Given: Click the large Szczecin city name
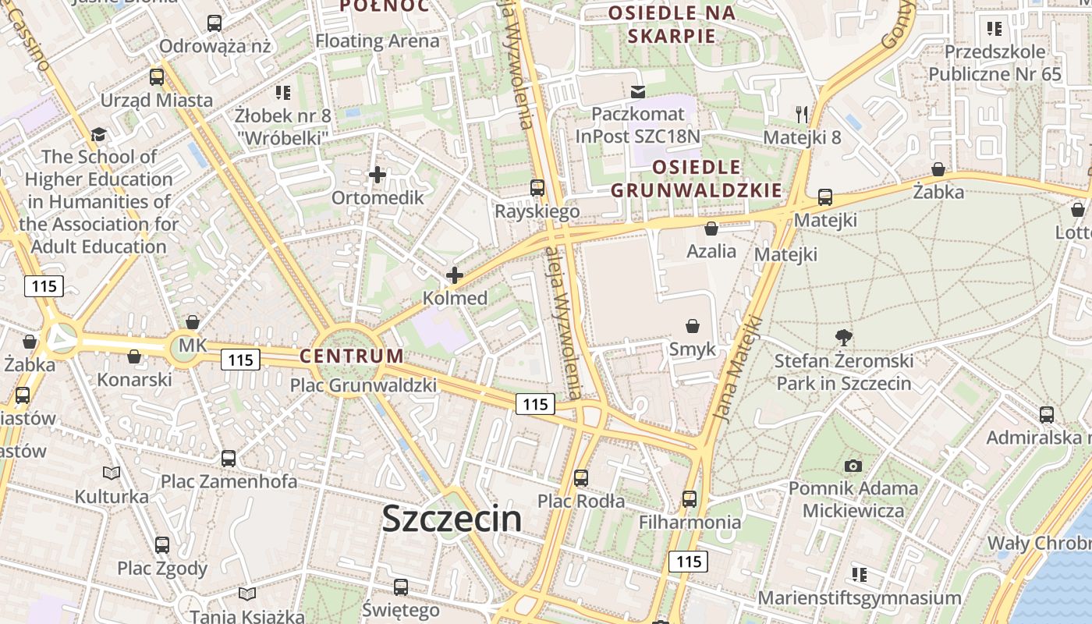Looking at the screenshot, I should coord(452,519).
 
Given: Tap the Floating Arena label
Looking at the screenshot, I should coord(378,41).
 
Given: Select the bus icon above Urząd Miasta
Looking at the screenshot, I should coord(157,76).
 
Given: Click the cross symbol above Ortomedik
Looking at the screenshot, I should coord(378,175).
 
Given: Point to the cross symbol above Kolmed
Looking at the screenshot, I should coord(455,275).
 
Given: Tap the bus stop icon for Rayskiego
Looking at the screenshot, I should coord(537,188).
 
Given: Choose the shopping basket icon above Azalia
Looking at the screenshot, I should coord(711,229).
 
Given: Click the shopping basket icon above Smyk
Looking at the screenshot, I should coord(692,326).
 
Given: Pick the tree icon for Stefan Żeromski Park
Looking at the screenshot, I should coord(843,338).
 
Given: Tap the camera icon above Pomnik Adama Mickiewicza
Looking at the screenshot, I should coord(853,466).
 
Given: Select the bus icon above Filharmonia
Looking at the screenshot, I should coord(690,498).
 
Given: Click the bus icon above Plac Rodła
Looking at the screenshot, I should coord(581,477).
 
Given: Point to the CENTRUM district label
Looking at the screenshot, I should coord(353,356).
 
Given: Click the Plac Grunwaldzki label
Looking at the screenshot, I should coord(363,385).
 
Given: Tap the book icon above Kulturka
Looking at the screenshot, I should coord(112,473).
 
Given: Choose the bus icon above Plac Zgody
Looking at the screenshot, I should coord(162,544).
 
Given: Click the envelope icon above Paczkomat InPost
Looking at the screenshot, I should coord(638,92).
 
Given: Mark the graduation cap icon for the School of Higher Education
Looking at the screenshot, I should coord(98,134).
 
